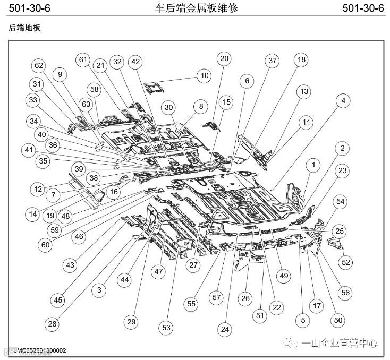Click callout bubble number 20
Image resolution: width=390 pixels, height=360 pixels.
[x=224, y=58]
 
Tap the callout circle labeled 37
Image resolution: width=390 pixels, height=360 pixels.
[x=273, y=61]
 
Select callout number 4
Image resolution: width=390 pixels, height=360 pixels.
[x=343, y=100]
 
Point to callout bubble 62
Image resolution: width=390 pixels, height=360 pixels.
[x=39, y=66]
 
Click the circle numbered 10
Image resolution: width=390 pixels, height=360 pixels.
[x=205, y=75]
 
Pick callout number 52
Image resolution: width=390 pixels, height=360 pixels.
[x=346, y=262]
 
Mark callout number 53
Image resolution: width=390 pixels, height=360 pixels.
[x=167, y=328]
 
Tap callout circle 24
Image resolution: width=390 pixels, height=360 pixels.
[x=225, y=329]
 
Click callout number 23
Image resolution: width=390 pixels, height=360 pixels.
[x=343, y=171]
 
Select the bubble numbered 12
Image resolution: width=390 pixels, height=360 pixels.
[x=37, y=188]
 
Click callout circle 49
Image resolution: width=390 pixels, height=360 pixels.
[x=284, y=276]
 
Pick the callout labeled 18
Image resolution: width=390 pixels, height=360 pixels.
[x=301, y=60]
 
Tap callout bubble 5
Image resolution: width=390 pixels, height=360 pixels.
[x=303, y=320]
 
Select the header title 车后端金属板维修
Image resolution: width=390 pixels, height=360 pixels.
[x=196, y=8]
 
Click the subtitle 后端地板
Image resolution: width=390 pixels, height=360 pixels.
[x=24, y=28]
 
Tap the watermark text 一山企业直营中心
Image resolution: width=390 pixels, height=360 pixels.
[x=339, y=343]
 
